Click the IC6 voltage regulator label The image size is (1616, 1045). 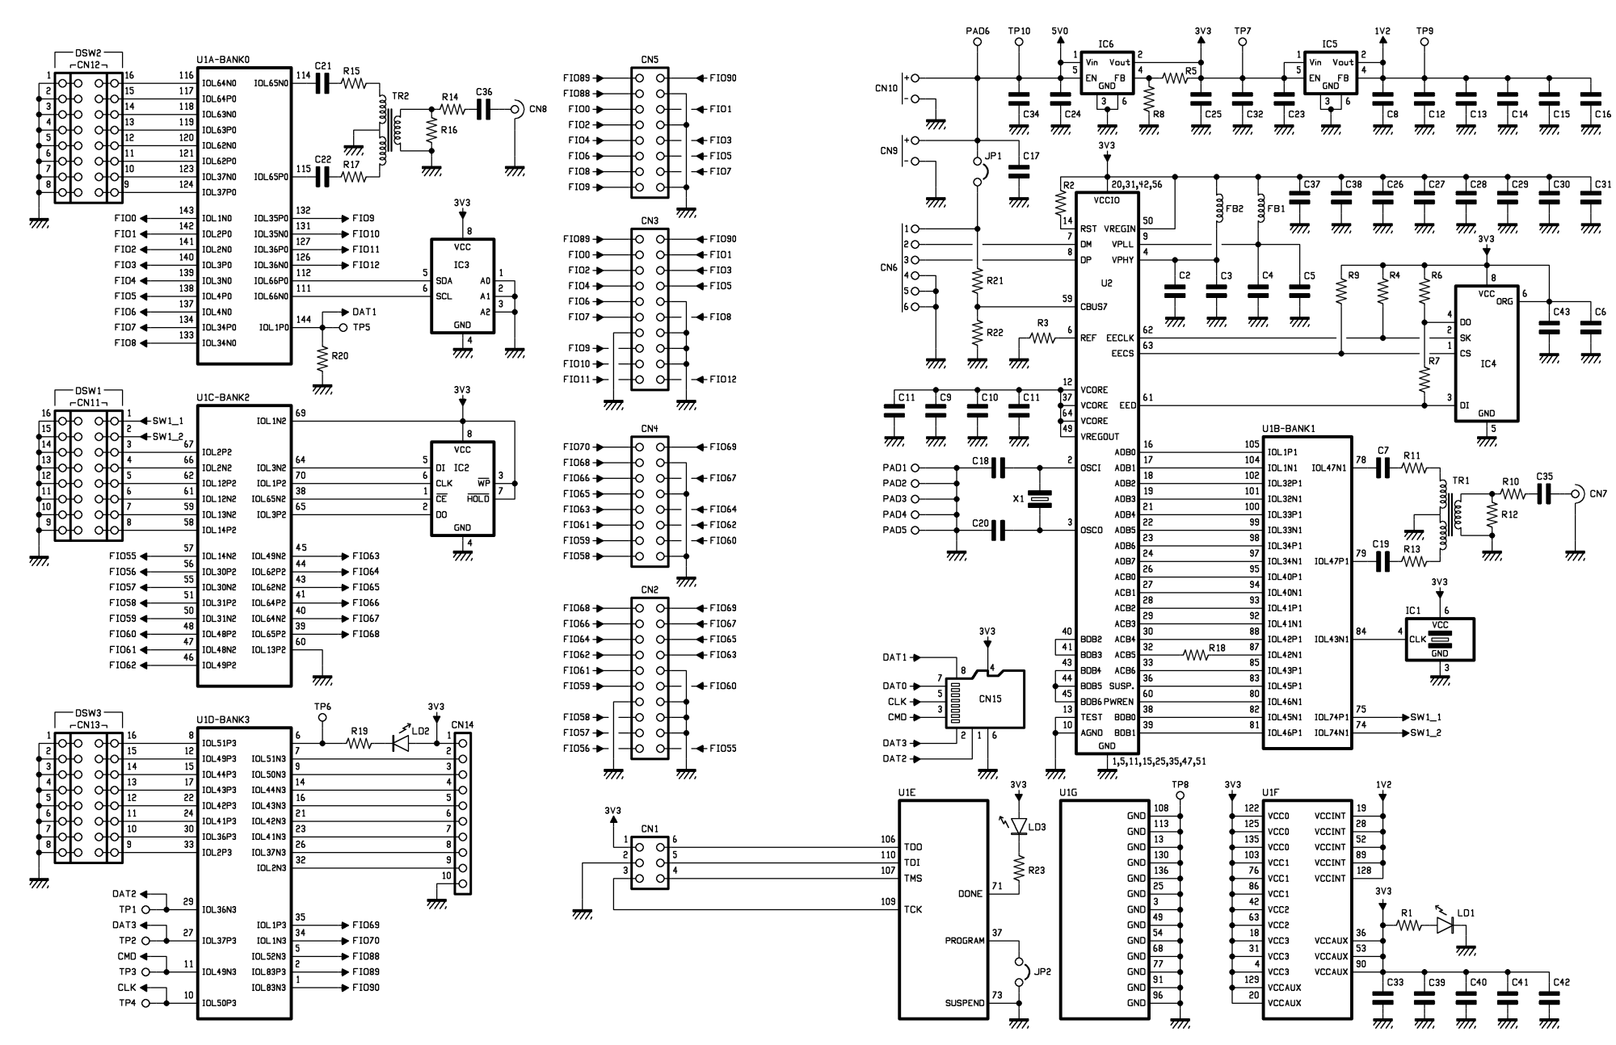(1106, 44)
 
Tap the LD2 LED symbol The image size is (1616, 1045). (401, 743)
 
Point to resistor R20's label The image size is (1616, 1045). (339, 355)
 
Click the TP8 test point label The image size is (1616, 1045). (1180, 783)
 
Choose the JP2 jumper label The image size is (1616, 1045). (1043, 972)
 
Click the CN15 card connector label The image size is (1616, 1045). (990, 699)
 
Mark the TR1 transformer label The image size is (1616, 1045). (1461, 481)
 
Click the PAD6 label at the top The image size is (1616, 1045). (978, 31)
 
